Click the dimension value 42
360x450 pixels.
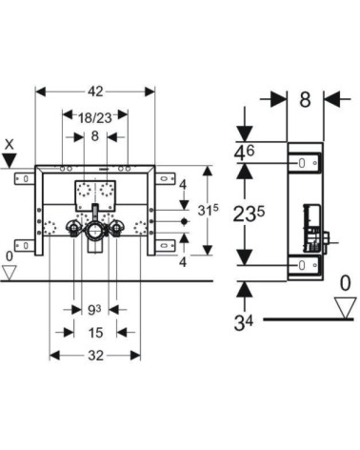(95, 92)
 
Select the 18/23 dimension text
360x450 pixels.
(95, 118)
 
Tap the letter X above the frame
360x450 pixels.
(10, 145)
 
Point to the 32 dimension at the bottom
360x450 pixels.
(95, 356)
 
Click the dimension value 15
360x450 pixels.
(95, 333)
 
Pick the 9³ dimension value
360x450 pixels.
(94, 310)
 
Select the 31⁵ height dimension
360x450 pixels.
(208, 210)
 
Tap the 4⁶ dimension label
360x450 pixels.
(244, 153)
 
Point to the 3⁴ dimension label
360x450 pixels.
(244, 323)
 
